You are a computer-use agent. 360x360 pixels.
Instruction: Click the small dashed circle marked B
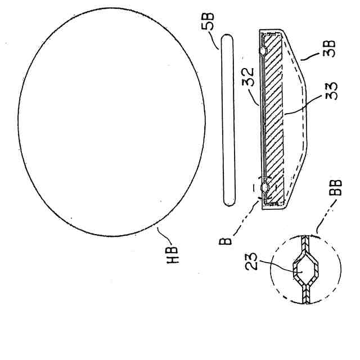264,188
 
